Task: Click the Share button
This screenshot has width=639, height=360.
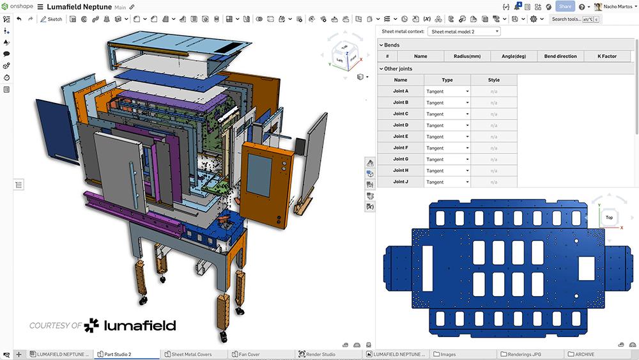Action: (x=565, y=6)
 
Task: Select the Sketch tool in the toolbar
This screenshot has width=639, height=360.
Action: (x=51, y=19)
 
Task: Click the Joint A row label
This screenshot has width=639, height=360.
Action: (x=401, y=91)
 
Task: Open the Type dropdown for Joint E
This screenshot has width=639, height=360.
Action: (x=447, y=137)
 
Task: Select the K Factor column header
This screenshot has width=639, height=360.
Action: (x=606, y=56)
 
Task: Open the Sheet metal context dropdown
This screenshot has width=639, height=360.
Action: (x=465, y=31)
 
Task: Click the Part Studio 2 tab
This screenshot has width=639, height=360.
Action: (x=118, y=354)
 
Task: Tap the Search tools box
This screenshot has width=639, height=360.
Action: (x=566, y=19)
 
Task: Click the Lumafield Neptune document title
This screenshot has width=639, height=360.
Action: (x=79, y=6)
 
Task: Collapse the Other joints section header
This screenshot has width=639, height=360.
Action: (x=397, y=68)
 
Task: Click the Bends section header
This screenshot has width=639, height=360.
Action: (x=392, y=45)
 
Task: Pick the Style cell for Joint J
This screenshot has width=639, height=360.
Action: (x=494, y=182)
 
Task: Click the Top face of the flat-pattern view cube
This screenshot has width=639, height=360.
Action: (x=609, y=217)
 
